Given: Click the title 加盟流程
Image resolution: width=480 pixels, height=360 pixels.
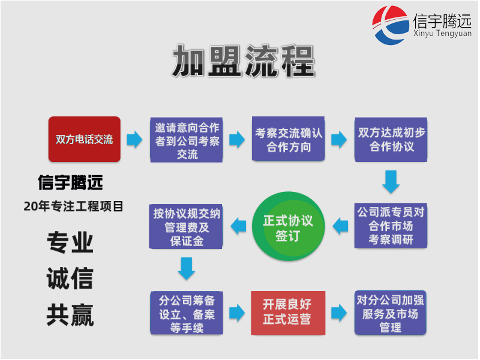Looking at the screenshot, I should (x=243, y=61).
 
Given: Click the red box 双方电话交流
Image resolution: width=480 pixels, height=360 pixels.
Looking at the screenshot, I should (x=84, y=139).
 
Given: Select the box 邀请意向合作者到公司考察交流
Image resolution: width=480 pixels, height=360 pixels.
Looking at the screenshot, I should (x=187, y=140).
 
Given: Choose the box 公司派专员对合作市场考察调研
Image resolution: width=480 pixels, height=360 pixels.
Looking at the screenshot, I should (x=391, y=226).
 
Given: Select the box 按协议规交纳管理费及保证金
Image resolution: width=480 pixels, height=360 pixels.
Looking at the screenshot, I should (x=187, y=227).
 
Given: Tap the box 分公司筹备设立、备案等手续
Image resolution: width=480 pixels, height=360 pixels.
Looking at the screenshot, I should (x=187, y=313).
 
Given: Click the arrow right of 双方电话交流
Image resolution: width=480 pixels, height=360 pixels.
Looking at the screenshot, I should (x=135, y=140).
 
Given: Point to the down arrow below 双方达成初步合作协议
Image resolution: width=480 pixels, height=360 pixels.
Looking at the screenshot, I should (x=391, y=182).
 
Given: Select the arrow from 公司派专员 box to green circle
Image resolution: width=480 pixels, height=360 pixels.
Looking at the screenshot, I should (x=340, y=226).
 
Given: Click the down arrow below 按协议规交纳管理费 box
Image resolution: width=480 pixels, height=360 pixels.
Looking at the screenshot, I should (x=187, y=269).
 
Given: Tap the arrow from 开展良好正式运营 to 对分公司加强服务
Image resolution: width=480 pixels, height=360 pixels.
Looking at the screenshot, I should (x=340, y=313).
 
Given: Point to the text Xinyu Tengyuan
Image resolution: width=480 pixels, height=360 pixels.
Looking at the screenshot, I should (x=442, y=34).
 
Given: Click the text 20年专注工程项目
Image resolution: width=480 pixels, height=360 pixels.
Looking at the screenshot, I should (x=74, y=206).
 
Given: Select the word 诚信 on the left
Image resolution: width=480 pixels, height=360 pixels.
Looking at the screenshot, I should (x=70, y=279).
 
